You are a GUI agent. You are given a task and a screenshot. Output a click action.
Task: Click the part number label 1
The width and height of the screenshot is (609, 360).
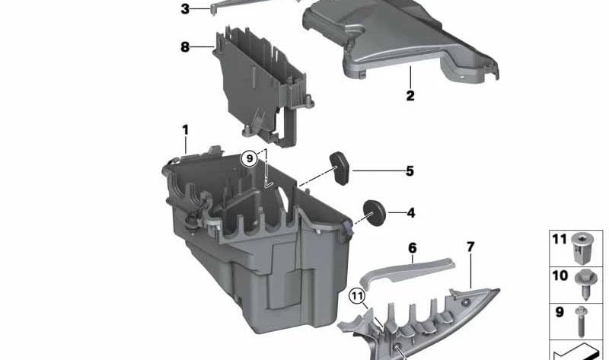pos(186,130)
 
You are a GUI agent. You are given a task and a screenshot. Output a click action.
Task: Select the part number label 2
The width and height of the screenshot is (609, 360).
pos(410,96)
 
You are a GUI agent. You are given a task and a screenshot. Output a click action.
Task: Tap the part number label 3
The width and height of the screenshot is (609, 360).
pos(185,9)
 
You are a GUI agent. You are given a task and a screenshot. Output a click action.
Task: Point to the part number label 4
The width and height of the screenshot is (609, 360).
pos(411,213)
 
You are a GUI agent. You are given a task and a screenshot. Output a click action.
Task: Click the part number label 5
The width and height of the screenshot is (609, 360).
pos(410,171)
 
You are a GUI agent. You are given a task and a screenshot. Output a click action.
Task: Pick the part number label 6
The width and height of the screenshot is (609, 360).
pos(412,248)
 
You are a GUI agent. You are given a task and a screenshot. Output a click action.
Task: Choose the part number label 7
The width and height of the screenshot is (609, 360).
pos(470,247)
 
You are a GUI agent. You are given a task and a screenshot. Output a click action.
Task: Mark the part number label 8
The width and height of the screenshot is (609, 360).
pos(185,47)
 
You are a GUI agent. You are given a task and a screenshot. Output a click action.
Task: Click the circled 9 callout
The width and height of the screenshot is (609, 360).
pos(250,158)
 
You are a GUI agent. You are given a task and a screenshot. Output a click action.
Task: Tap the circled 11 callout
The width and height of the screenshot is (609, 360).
pos(357,297)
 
